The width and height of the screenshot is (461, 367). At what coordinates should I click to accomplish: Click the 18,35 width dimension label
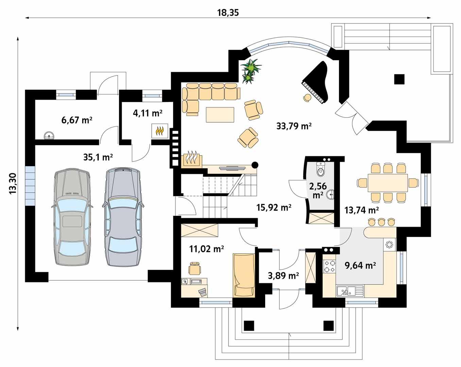pyautogui.click(x=228, y=13)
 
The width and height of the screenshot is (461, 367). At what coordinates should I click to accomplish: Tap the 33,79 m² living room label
pyautogui.click(x=294, y=126)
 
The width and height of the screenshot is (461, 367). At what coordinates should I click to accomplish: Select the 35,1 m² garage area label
pyautogui.click(x=98, y=157)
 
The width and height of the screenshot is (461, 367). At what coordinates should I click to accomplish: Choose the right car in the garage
pyautogui.click(x=123, y=216)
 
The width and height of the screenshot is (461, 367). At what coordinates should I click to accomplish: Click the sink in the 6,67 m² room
pyautogui.click(x=50, y=136)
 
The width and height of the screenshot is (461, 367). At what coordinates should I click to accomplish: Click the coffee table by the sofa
pyautogui.click(x=220, y=115)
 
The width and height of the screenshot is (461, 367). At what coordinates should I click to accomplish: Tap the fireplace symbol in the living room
pyautogui.click(x=193, y=159)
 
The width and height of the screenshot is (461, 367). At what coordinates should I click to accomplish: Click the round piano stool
pyautogui.click(x=307, y=98)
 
